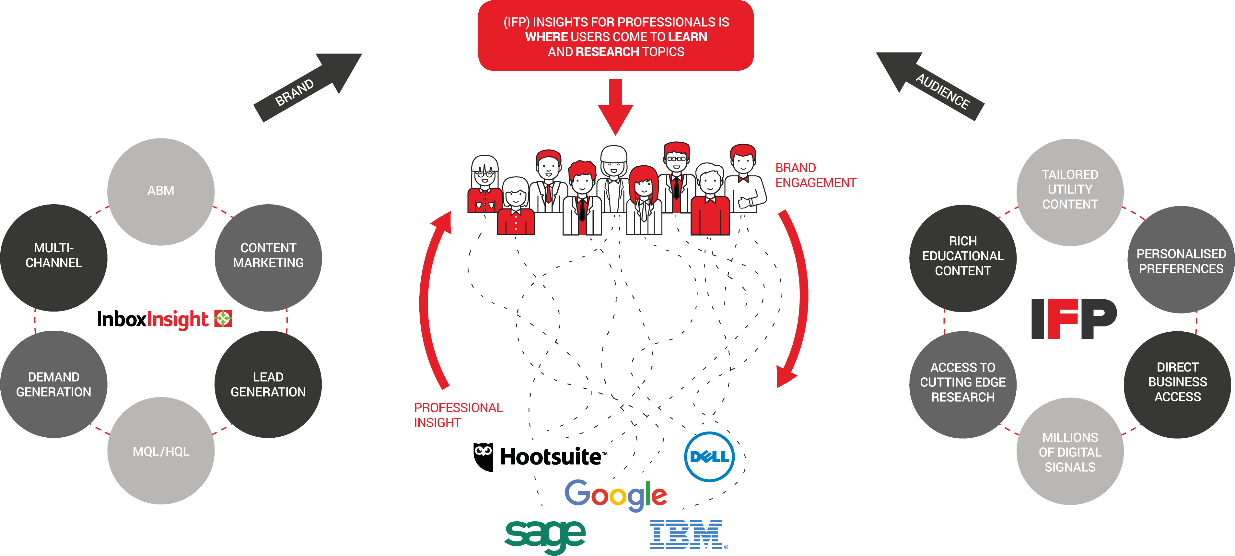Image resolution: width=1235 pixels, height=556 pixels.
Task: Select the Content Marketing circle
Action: click(x=268, y=257)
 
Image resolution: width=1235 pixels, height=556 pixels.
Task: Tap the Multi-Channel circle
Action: click(x=54, y=257)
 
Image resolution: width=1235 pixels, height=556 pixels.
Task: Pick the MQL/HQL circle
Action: click(x=161, y=451)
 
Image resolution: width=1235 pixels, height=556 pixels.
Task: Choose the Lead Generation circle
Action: click(x=268, y=384)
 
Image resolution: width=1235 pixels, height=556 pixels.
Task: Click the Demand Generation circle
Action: click(x=54, y=384)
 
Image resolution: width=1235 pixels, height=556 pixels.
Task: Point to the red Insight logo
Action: click(x=189, y=319)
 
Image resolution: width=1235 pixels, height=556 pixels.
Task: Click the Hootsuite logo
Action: click(x=540, y=456)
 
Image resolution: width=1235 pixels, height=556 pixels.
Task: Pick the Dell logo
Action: click(x=709, y=457)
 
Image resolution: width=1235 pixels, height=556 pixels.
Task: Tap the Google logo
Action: click(x=616, y=495)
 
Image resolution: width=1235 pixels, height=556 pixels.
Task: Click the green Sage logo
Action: click(x=545, y=535)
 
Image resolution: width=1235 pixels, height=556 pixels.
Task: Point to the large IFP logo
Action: click(x=1074, y=319)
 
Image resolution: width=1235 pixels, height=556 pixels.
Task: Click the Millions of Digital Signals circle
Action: click(x=1070, y=452)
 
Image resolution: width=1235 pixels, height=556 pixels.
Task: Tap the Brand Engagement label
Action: click(x=815, y=176)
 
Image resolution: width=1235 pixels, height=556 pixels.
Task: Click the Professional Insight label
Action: click(x=458, y=415)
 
